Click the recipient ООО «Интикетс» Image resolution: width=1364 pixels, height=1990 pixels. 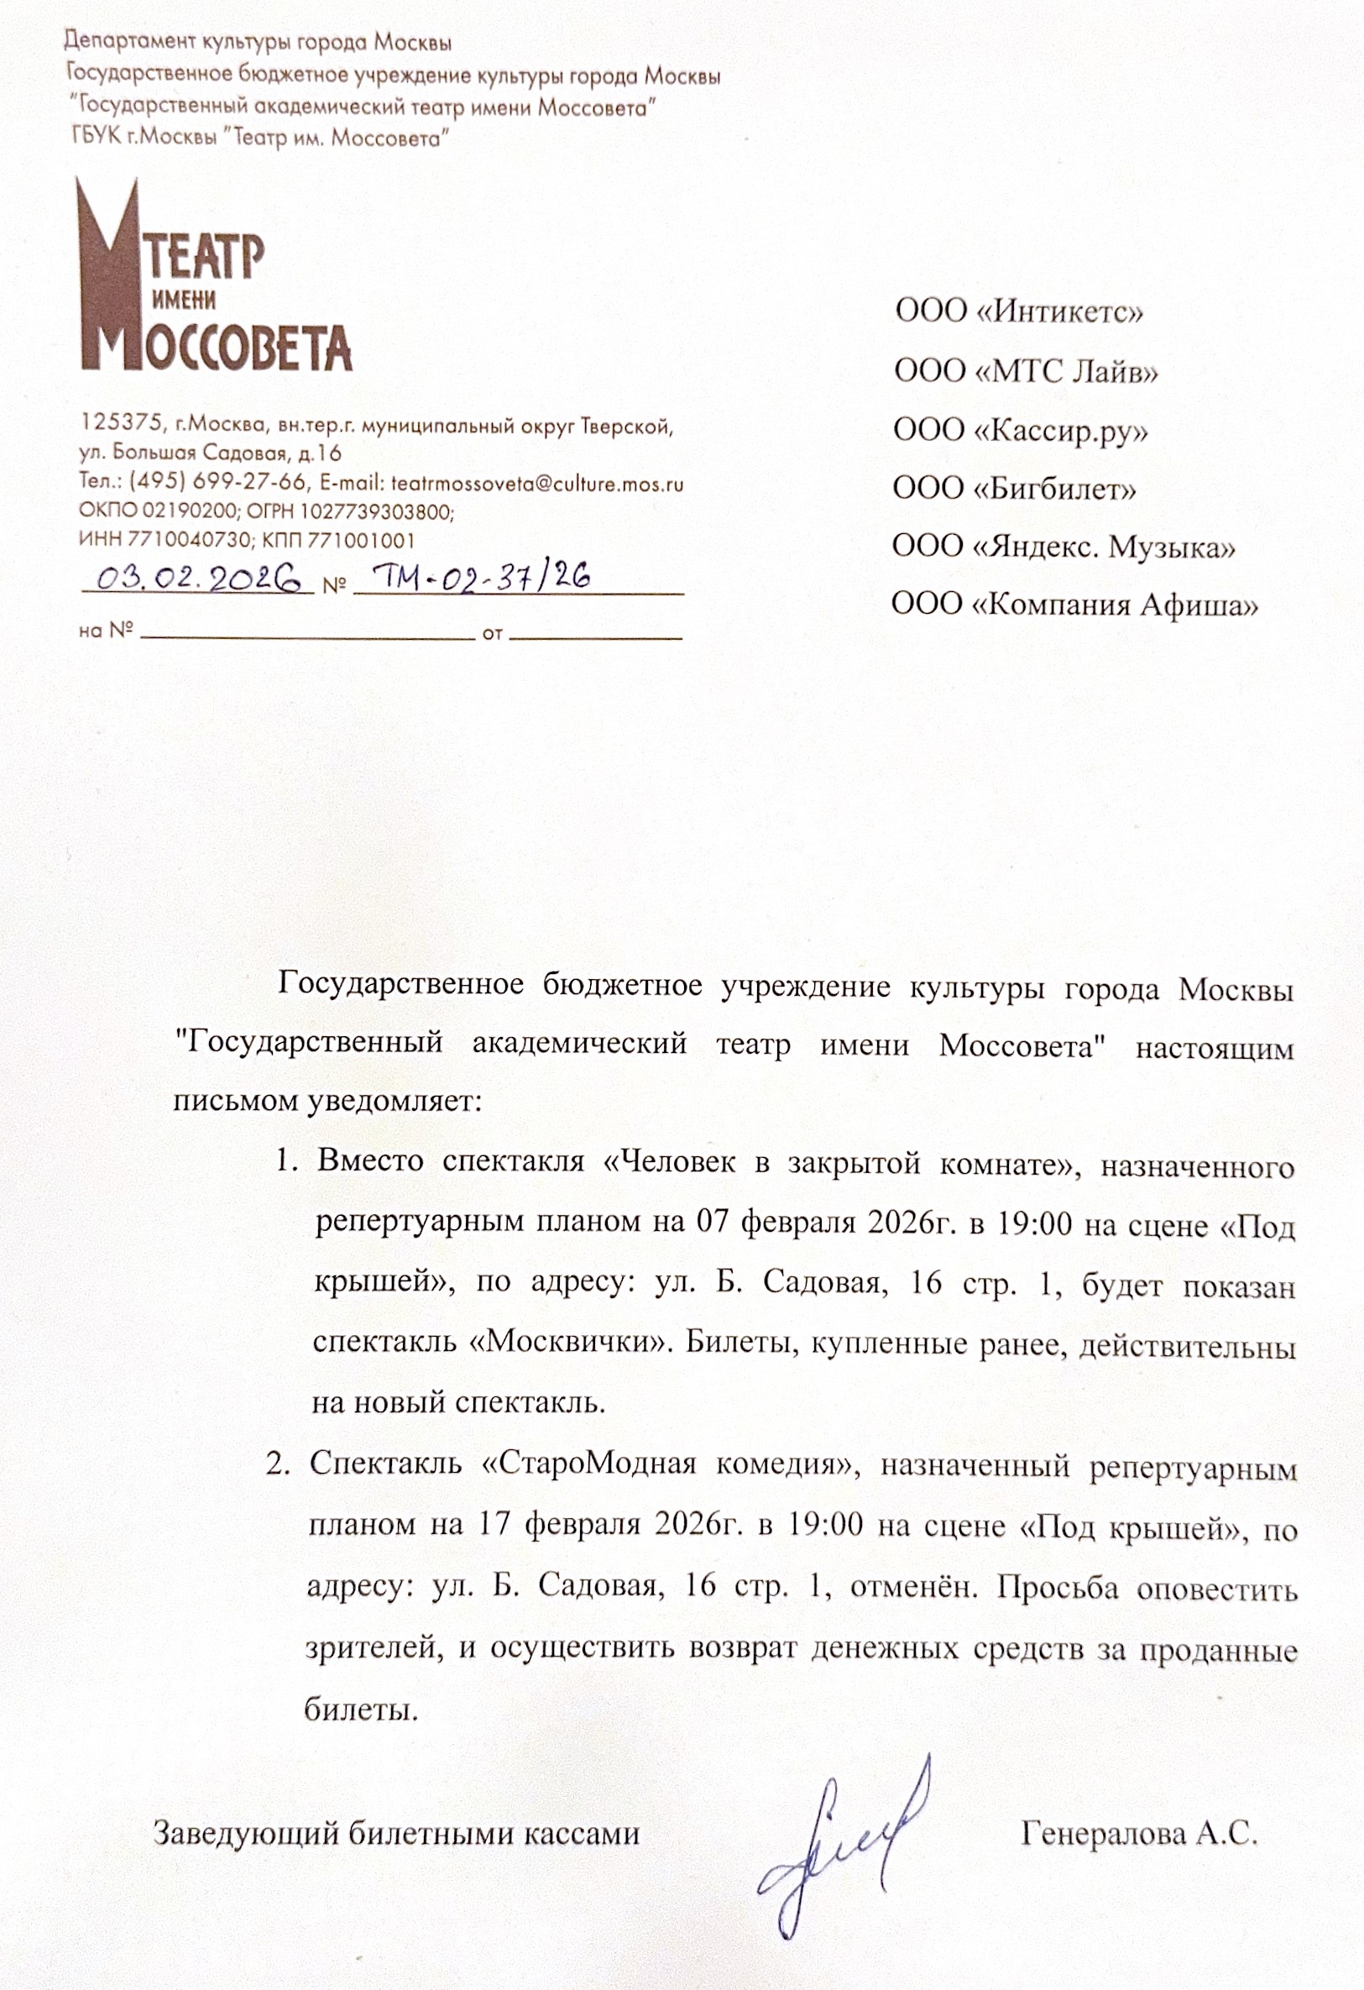1019,311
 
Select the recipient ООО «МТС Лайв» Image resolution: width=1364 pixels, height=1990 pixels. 1026,371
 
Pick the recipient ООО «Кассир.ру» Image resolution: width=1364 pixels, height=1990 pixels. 1021,430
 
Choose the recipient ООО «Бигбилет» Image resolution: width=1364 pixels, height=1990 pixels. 1015,489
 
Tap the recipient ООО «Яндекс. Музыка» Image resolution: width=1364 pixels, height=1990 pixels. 1064,547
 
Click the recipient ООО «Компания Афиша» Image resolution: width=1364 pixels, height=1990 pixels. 1074,605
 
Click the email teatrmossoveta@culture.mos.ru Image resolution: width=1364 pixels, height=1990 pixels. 537,484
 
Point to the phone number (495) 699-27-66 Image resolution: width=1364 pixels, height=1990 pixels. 217,482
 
